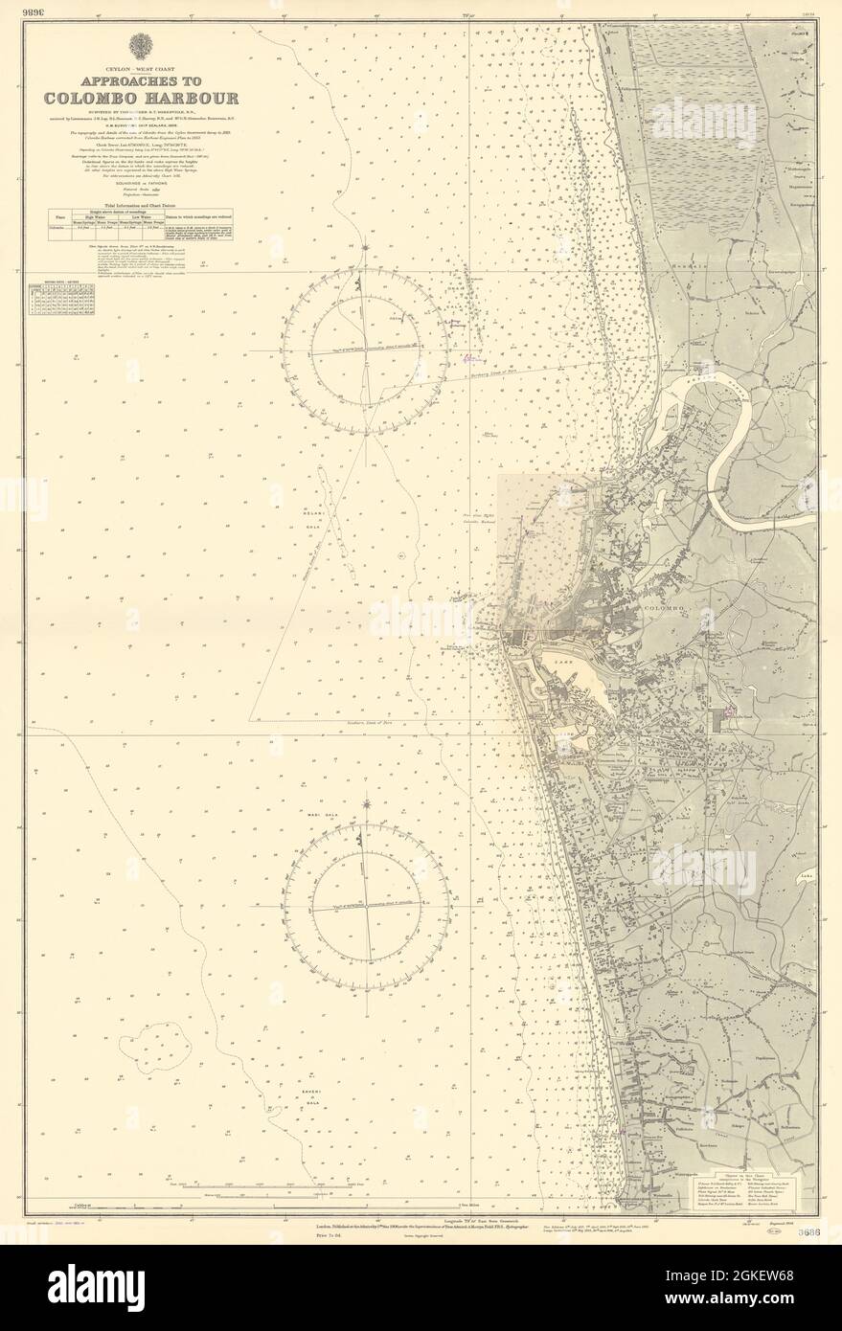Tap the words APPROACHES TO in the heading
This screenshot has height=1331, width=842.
tap(134, 81)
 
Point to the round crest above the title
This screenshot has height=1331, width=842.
tap(134, 45)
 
